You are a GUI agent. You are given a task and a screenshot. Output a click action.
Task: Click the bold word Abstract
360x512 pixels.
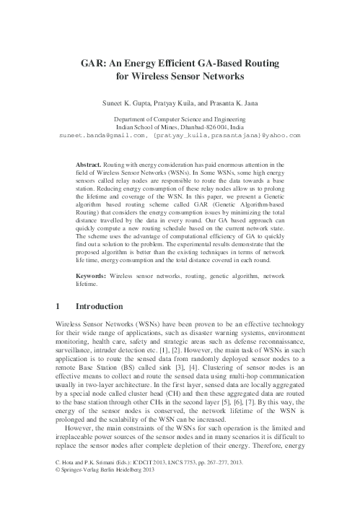pyautogui.click(x=89, y=165)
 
